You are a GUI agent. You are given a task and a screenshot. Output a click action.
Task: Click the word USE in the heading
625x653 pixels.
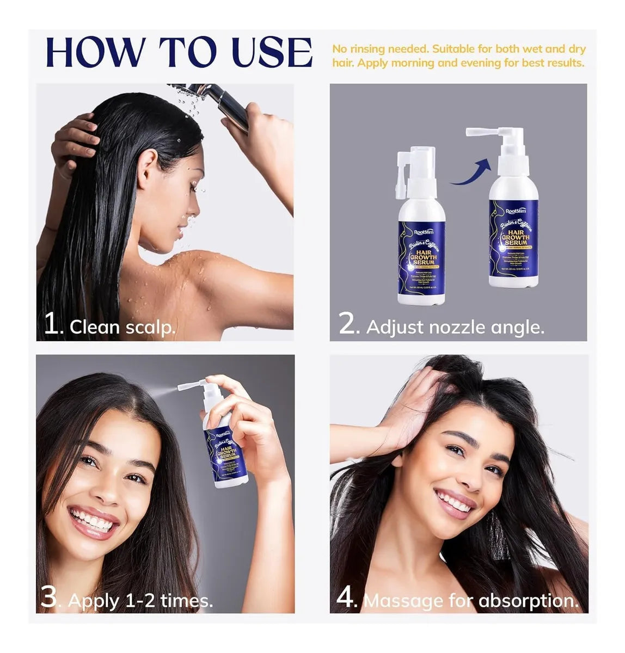click(x=272, y=53)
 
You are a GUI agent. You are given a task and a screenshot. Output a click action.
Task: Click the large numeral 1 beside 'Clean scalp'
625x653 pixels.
click(x=53, y=325)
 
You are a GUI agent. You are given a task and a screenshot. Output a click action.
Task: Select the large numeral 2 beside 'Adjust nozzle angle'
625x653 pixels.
click(x=348, y=325)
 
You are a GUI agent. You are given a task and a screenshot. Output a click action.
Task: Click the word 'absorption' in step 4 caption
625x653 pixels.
click(x=528, y=600)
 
